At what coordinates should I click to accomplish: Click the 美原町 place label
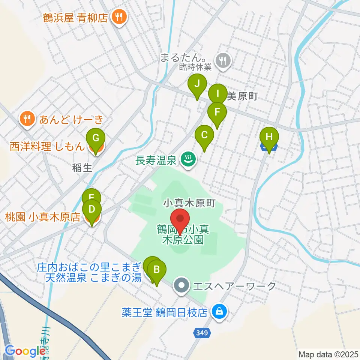click(x=242, y=96)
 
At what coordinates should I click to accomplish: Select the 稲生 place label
click(x=82, y=168)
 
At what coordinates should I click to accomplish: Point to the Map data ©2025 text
click(x=328, y=354)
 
